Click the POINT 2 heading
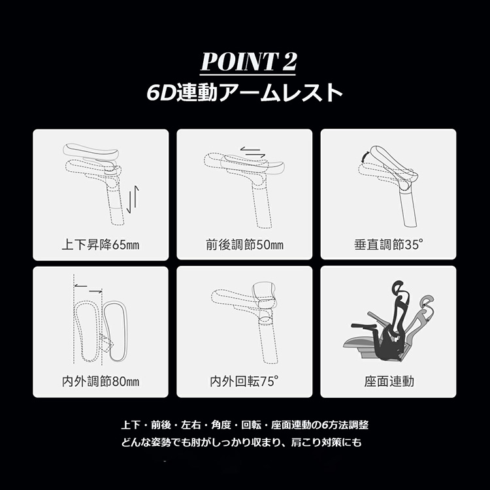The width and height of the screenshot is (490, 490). (248, 61)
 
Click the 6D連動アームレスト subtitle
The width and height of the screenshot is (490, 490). (245, 93)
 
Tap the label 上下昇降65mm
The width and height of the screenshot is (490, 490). (101, 244)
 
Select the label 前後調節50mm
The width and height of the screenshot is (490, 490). (244, 244)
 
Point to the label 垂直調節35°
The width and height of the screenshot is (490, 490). (389, 244)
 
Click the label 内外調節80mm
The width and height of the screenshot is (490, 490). (101, 382)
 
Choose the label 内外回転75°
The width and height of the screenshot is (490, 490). (244, 382)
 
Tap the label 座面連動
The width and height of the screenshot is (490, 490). (389, 382)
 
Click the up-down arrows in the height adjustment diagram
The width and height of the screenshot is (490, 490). (133, 199)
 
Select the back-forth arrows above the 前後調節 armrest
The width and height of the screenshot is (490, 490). (253, 152)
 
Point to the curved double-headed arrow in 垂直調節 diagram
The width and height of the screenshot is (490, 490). (365, 156)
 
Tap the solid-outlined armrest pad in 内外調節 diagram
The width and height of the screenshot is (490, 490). (115, 331)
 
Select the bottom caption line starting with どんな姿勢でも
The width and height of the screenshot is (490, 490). (241, 442)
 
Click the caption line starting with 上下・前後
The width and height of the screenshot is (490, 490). (245, 425)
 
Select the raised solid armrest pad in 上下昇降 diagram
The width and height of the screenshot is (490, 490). (91, 151)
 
